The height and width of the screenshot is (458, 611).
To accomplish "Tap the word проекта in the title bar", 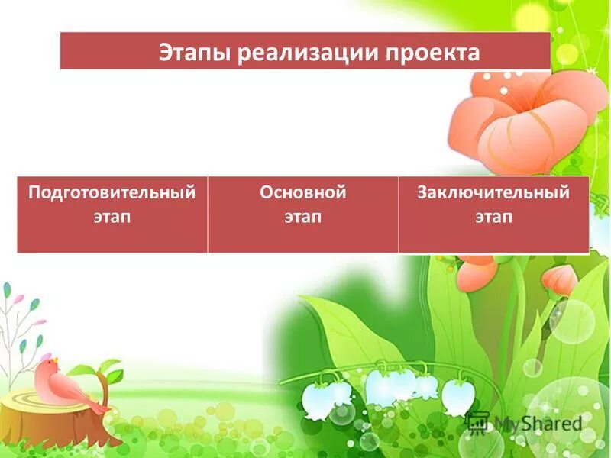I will (x=438, y=53).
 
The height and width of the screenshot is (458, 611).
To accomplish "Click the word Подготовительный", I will (x=112, y=192).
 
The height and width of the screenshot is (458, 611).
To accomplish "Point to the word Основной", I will (x=303, y=192).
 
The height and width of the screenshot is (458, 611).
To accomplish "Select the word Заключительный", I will (x=493, y=192).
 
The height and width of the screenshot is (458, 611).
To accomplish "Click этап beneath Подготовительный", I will (x=112, y=217).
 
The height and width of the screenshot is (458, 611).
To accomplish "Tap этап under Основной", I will (x=303, y=217).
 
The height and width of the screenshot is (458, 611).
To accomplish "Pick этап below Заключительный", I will (x=493, y=217).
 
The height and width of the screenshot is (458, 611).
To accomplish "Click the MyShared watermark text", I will (x=535, y=423).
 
